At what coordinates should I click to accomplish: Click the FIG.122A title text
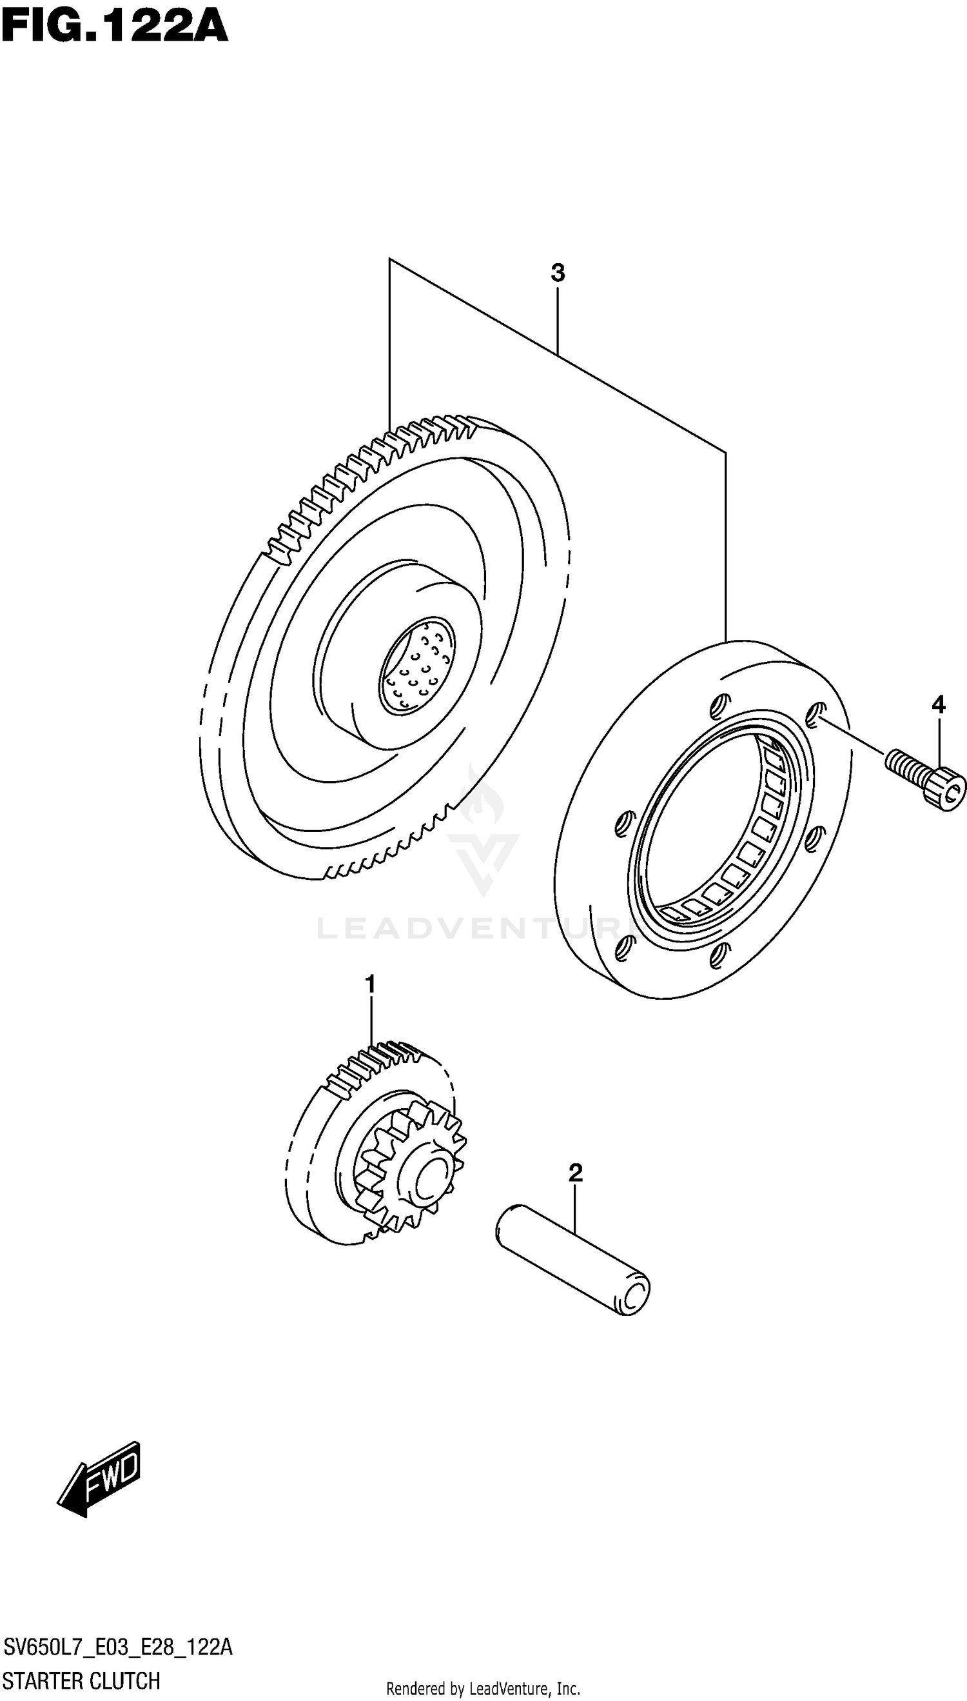pos(114,28)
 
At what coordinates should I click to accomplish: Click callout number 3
pos(557,273)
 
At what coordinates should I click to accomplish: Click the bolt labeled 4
pos(923,777)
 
